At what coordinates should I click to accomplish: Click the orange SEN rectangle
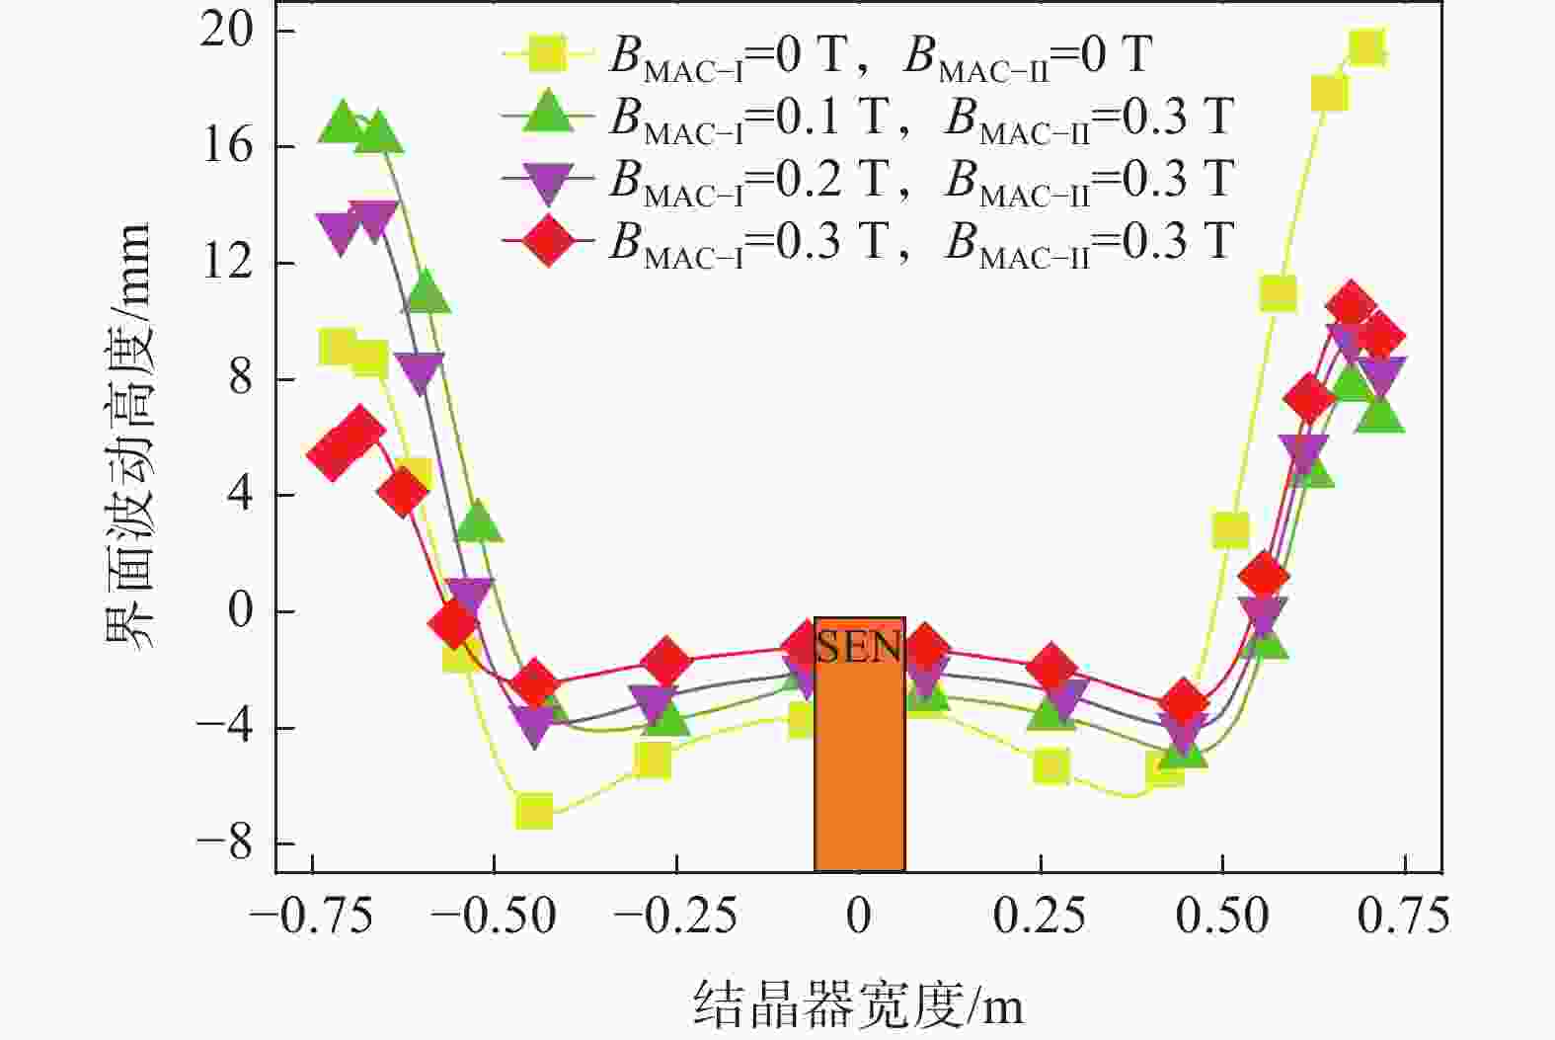859,751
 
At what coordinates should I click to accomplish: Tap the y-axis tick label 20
226,31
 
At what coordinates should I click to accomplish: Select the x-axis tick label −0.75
312,917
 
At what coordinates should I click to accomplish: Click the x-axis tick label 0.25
1040,917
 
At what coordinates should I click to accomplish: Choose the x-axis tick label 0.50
1221,917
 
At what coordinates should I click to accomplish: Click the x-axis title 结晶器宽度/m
858,1003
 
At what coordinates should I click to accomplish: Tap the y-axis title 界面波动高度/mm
128,435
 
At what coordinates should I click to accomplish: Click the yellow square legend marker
547,54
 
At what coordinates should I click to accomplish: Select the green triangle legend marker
547,114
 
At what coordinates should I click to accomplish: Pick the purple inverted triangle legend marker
547,178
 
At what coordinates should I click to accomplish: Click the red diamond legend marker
547,240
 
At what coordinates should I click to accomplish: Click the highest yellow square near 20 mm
1367,47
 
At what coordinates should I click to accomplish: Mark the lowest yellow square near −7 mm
534,812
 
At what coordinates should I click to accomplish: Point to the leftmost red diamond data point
331,455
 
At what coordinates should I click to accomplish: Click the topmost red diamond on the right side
1351,306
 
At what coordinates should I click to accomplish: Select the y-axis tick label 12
226,263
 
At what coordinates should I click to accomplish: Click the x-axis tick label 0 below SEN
859,917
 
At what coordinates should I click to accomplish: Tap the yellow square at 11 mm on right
1278,293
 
